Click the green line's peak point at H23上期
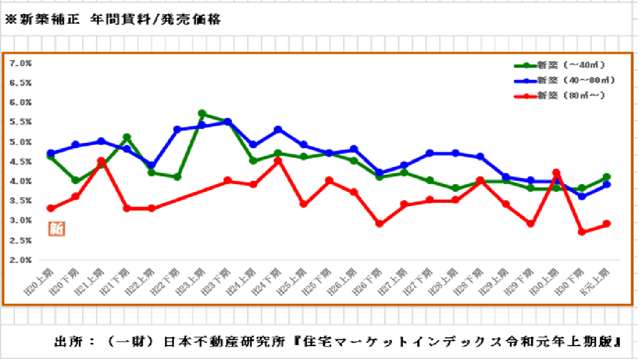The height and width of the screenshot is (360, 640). (202, 113)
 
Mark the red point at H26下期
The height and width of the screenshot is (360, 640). (380, 224)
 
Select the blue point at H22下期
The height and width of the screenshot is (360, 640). (177, 129)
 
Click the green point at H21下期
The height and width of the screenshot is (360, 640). (127, 137)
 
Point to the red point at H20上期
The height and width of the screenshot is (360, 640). (51, 208)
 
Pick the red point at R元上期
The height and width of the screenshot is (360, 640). (607, 224)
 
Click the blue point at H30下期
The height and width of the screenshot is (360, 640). (582, 197)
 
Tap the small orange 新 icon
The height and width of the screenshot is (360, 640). (56, 228)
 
